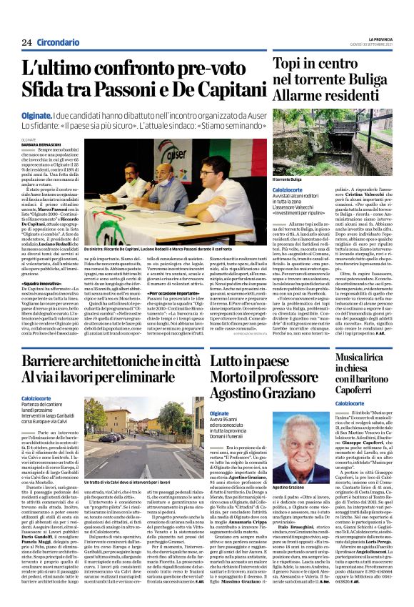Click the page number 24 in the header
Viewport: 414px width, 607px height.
click(x=26, y=43)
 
